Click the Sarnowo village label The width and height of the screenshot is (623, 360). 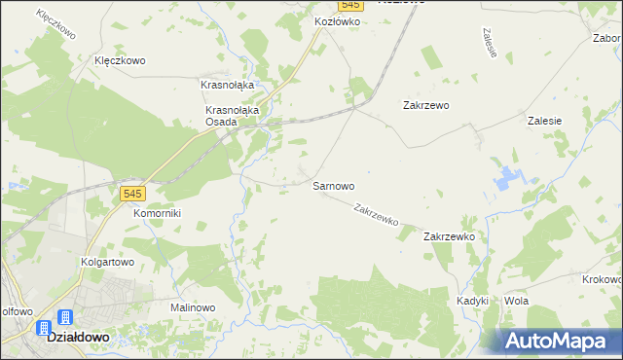click(333, 185)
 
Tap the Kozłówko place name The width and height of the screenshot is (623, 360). click(337, 20)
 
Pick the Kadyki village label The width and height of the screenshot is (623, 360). click(472, 301)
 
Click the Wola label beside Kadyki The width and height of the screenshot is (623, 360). click(516, 301)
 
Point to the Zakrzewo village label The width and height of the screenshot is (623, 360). click(425, 105)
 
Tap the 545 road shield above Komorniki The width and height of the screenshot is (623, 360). click(133, 194)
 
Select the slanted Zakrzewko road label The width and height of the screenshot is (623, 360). click(377, 214)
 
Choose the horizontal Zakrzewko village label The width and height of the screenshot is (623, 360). click(448, 236)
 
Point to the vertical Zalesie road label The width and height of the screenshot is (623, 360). click(490, 42)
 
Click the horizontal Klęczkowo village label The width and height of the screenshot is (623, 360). click(120, 60)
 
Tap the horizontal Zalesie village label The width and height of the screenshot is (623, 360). click(544, 121)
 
